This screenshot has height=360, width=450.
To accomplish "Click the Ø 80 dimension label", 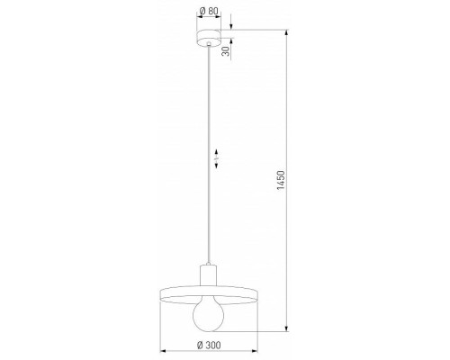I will pyautogui.click(x=208, y=12).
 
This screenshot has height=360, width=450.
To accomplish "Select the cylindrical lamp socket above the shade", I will pyautogui.click(x=208, y=274).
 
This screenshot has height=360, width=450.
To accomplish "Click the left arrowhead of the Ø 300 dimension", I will pyautogui.click(x=162, y=352).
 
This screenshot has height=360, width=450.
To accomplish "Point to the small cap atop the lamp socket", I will pyautogui.click(x=208, y=261).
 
